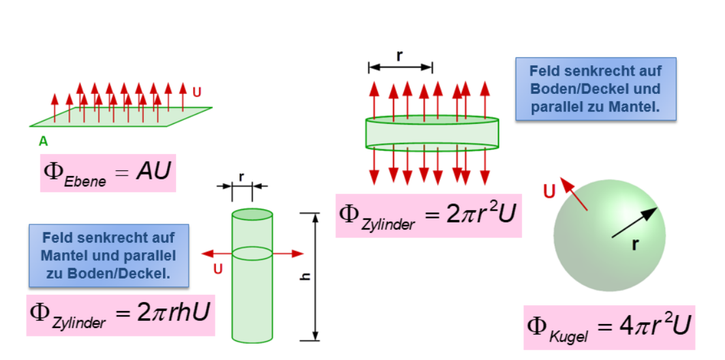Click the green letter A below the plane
44,140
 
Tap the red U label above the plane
196,93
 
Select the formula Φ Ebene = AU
108,172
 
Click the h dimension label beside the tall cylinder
303,277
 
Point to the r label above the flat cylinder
400,56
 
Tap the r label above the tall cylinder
241,176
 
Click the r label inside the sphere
634,245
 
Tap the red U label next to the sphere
549,191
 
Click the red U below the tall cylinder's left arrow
218,268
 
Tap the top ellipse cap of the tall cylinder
253,214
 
